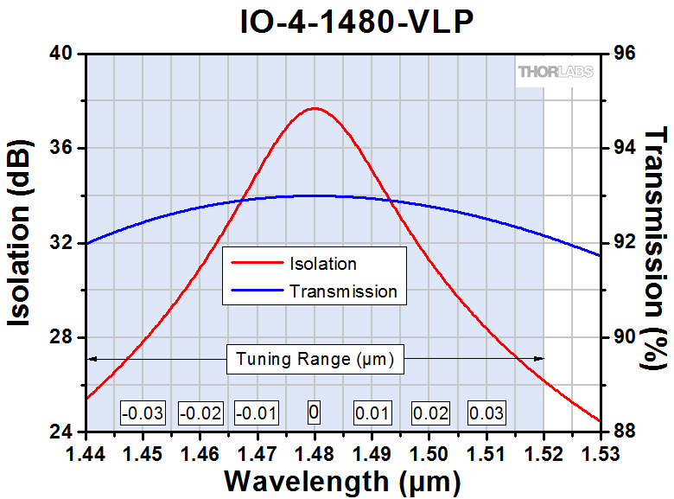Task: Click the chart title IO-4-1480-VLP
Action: click(357, 22)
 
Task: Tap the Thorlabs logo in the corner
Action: click(555, 72)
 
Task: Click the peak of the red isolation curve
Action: click(315, 108)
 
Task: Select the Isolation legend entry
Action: click(323, 263)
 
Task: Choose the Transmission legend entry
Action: click(343, 291)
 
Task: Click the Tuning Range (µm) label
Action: click(315, 359)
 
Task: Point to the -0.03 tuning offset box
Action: click(143, 413)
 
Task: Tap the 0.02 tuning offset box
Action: click(429, 413)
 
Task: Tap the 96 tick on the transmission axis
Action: click(624, 54)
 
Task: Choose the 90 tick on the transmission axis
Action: click(624, 337)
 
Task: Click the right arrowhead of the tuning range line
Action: click(540, 358)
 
